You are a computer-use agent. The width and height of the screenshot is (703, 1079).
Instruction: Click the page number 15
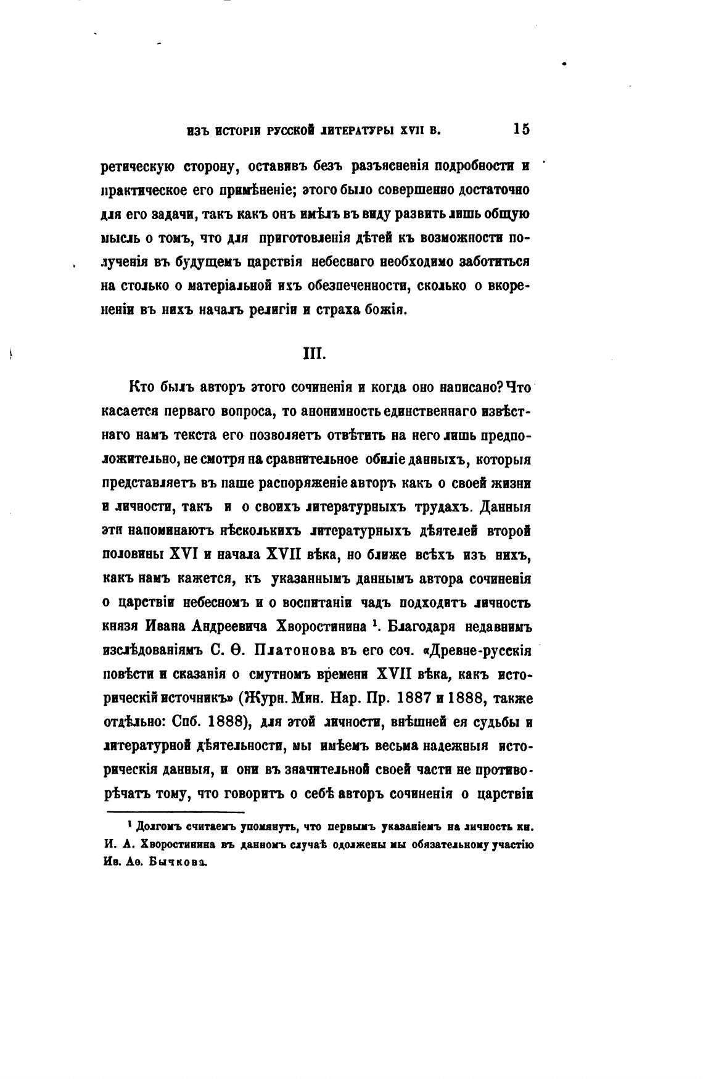(520, 130)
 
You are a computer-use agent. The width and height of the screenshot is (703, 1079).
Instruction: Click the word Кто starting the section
(141, 387)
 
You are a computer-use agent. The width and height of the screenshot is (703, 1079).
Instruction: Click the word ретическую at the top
(139, 167)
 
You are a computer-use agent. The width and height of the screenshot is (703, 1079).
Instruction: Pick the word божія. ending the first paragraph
(385, 310)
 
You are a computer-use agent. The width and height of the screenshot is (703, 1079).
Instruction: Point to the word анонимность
(326, 411)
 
